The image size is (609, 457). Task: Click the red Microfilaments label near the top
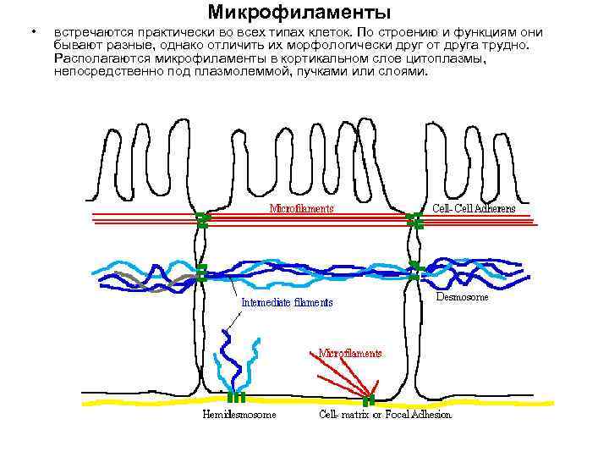[x=301, y=208]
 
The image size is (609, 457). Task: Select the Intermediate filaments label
[x=287, y=302]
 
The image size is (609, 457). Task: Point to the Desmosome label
[x=462, y=297]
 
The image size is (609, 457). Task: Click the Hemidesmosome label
[x=239, y=415]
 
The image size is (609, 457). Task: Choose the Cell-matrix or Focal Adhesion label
[x=385, y=415]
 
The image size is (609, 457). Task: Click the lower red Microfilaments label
[x=349, y=353]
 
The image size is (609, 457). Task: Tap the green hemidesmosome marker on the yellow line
[x=236, y=395]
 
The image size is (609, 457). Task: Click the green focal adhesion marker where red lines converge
[x=369, y=398]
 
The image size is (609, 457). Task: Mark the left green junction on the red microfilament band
[x=202, y=220]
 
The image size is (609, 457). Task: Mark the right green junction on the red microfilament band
[x=414, y=220]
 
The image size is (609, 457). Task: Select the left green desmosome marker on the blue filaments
[x=201, y=272]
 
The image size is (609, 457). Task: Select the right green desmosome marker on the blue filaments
[x=413, y=271]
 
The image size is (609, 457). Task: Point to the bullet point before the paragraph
[x=32, y=33]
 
